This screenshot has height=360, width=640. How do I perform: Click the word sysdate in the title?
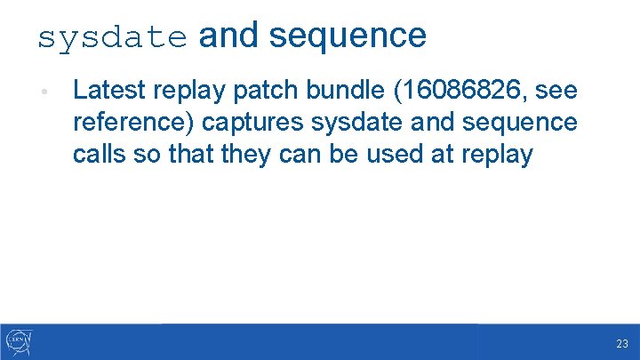coord(112,36)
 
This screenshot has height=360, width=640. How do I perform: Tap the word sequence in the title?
coord(348,36)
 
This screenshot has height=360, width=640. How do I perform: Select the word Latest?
coord(110,90)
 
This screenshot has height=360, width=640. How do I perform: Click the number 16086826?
coord(457,90)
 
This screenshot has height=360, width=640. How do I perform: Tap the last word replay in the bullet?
coord(497,154)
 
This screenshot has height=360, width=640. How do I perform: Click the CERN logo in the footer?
coord(19,341)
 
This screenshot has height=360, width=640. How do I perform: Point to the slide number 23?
coord(621,344)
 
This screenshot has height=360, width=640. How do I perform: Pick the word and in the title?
coord(228,36)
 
